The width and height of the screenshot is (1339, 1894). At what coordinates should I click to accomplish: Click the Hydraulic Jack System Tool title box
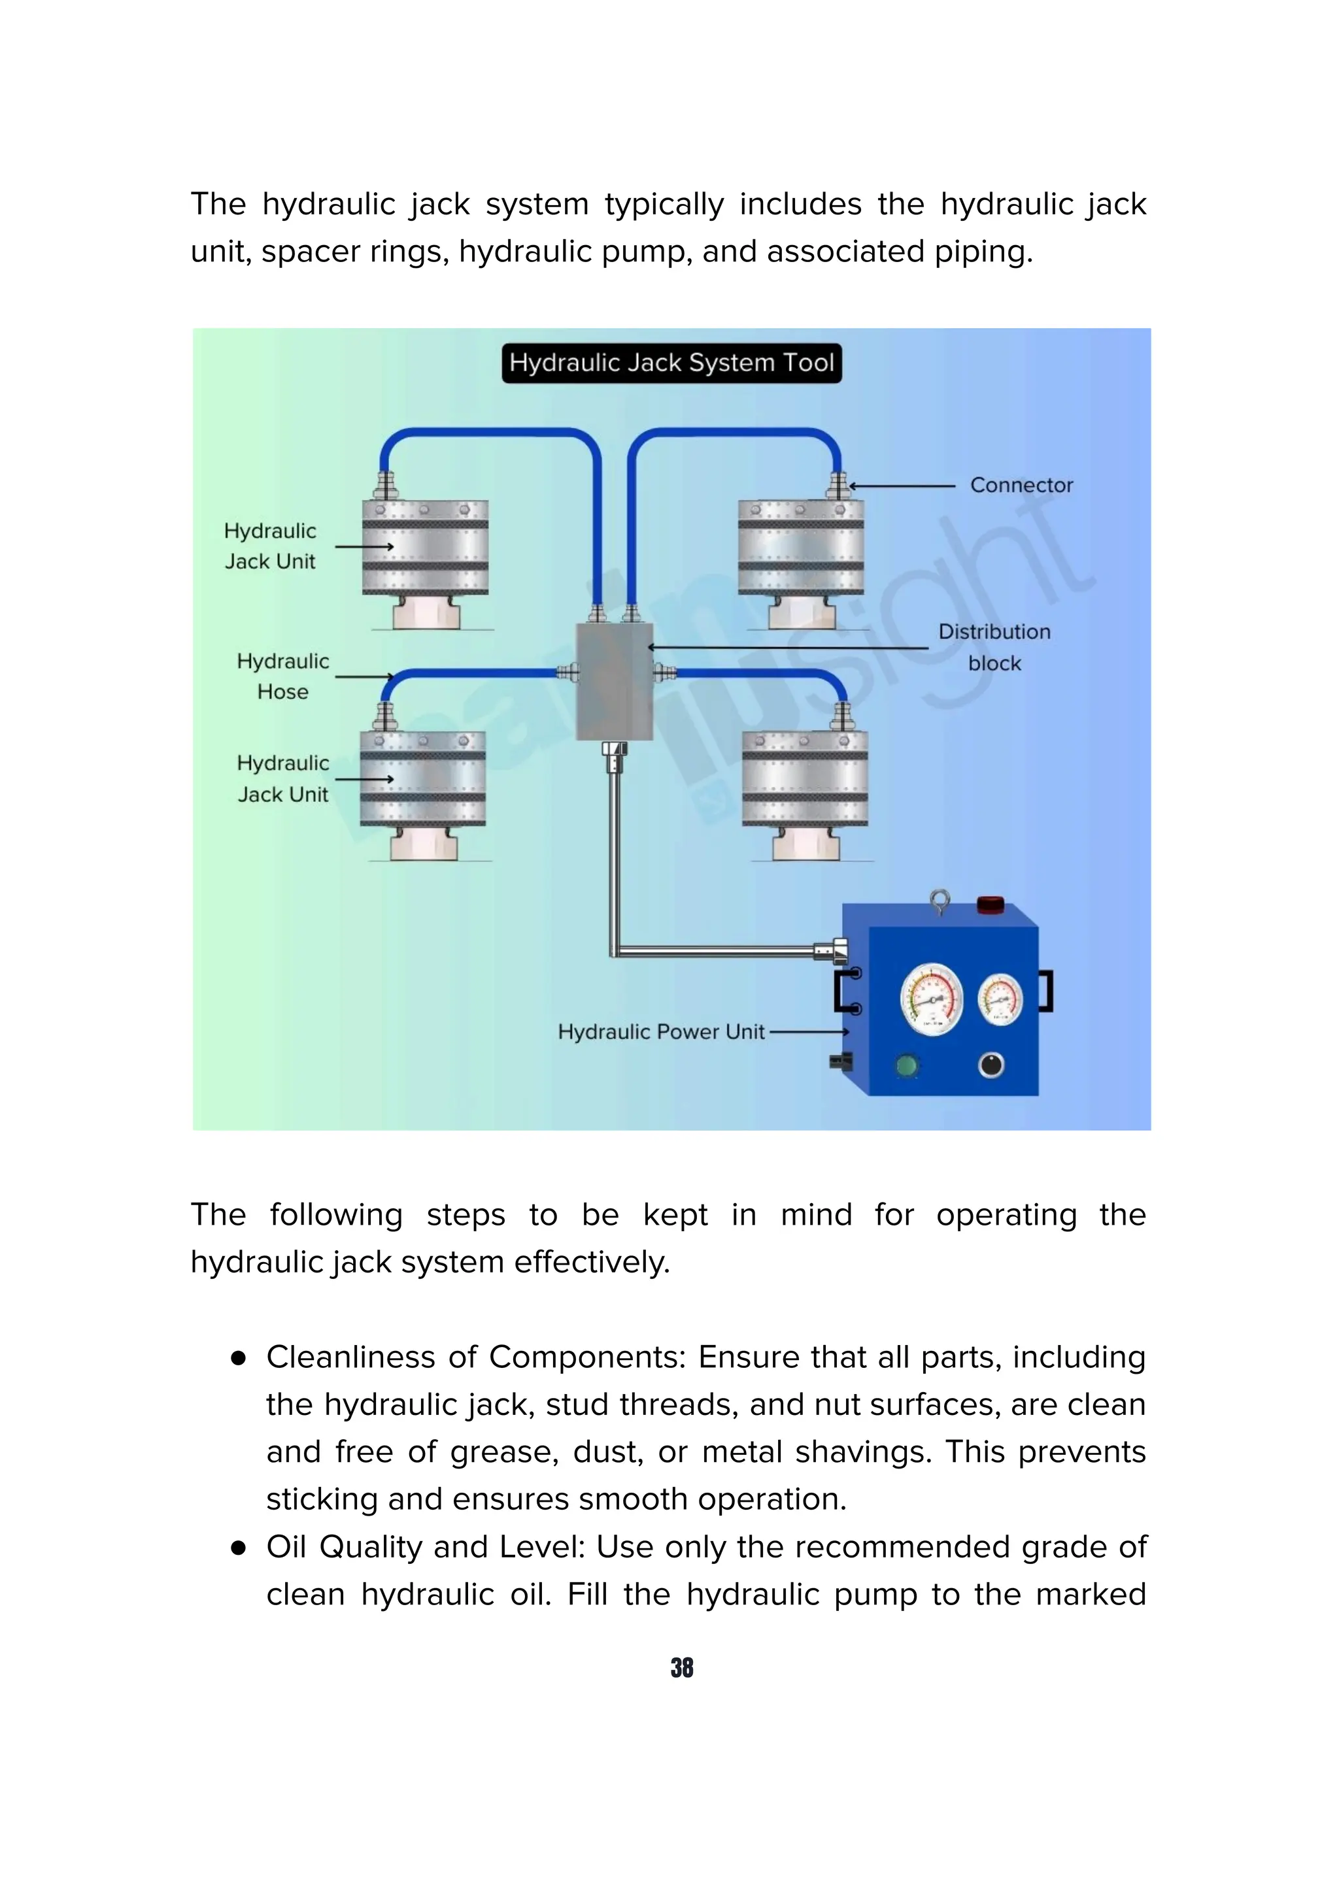(x=671, y=363)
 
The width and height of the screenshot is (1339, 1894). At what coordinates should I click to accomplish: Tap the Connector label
(x=1021, y=485)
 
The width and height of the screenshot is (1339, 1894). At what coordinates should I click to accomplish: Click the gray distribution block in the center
(x=615, y=682)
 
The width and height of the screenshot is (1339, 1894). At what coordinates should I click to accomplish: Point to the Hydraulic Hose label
(x=282, y=676)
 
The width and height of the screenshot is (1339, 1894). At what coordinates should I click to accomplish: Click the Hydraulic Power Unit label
(x=661, y=1032)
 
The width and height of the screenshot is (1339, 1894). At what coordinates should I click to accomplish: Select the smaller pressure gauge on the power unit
(x=999, y=999)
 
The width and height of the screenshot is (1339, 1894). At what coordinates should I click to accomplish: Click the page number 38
(x=681, y=1667)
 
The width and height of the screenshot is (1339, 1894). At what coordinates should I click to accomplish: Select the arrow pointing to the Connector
(x=901, y=486)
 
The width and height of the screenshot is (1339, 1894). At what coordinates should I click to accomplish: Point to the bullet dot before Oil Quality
(x=239, y=1548)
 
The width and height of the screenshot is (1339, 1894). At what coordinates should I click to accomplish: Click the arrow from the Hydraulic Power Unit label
(x=809, y=1032)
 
